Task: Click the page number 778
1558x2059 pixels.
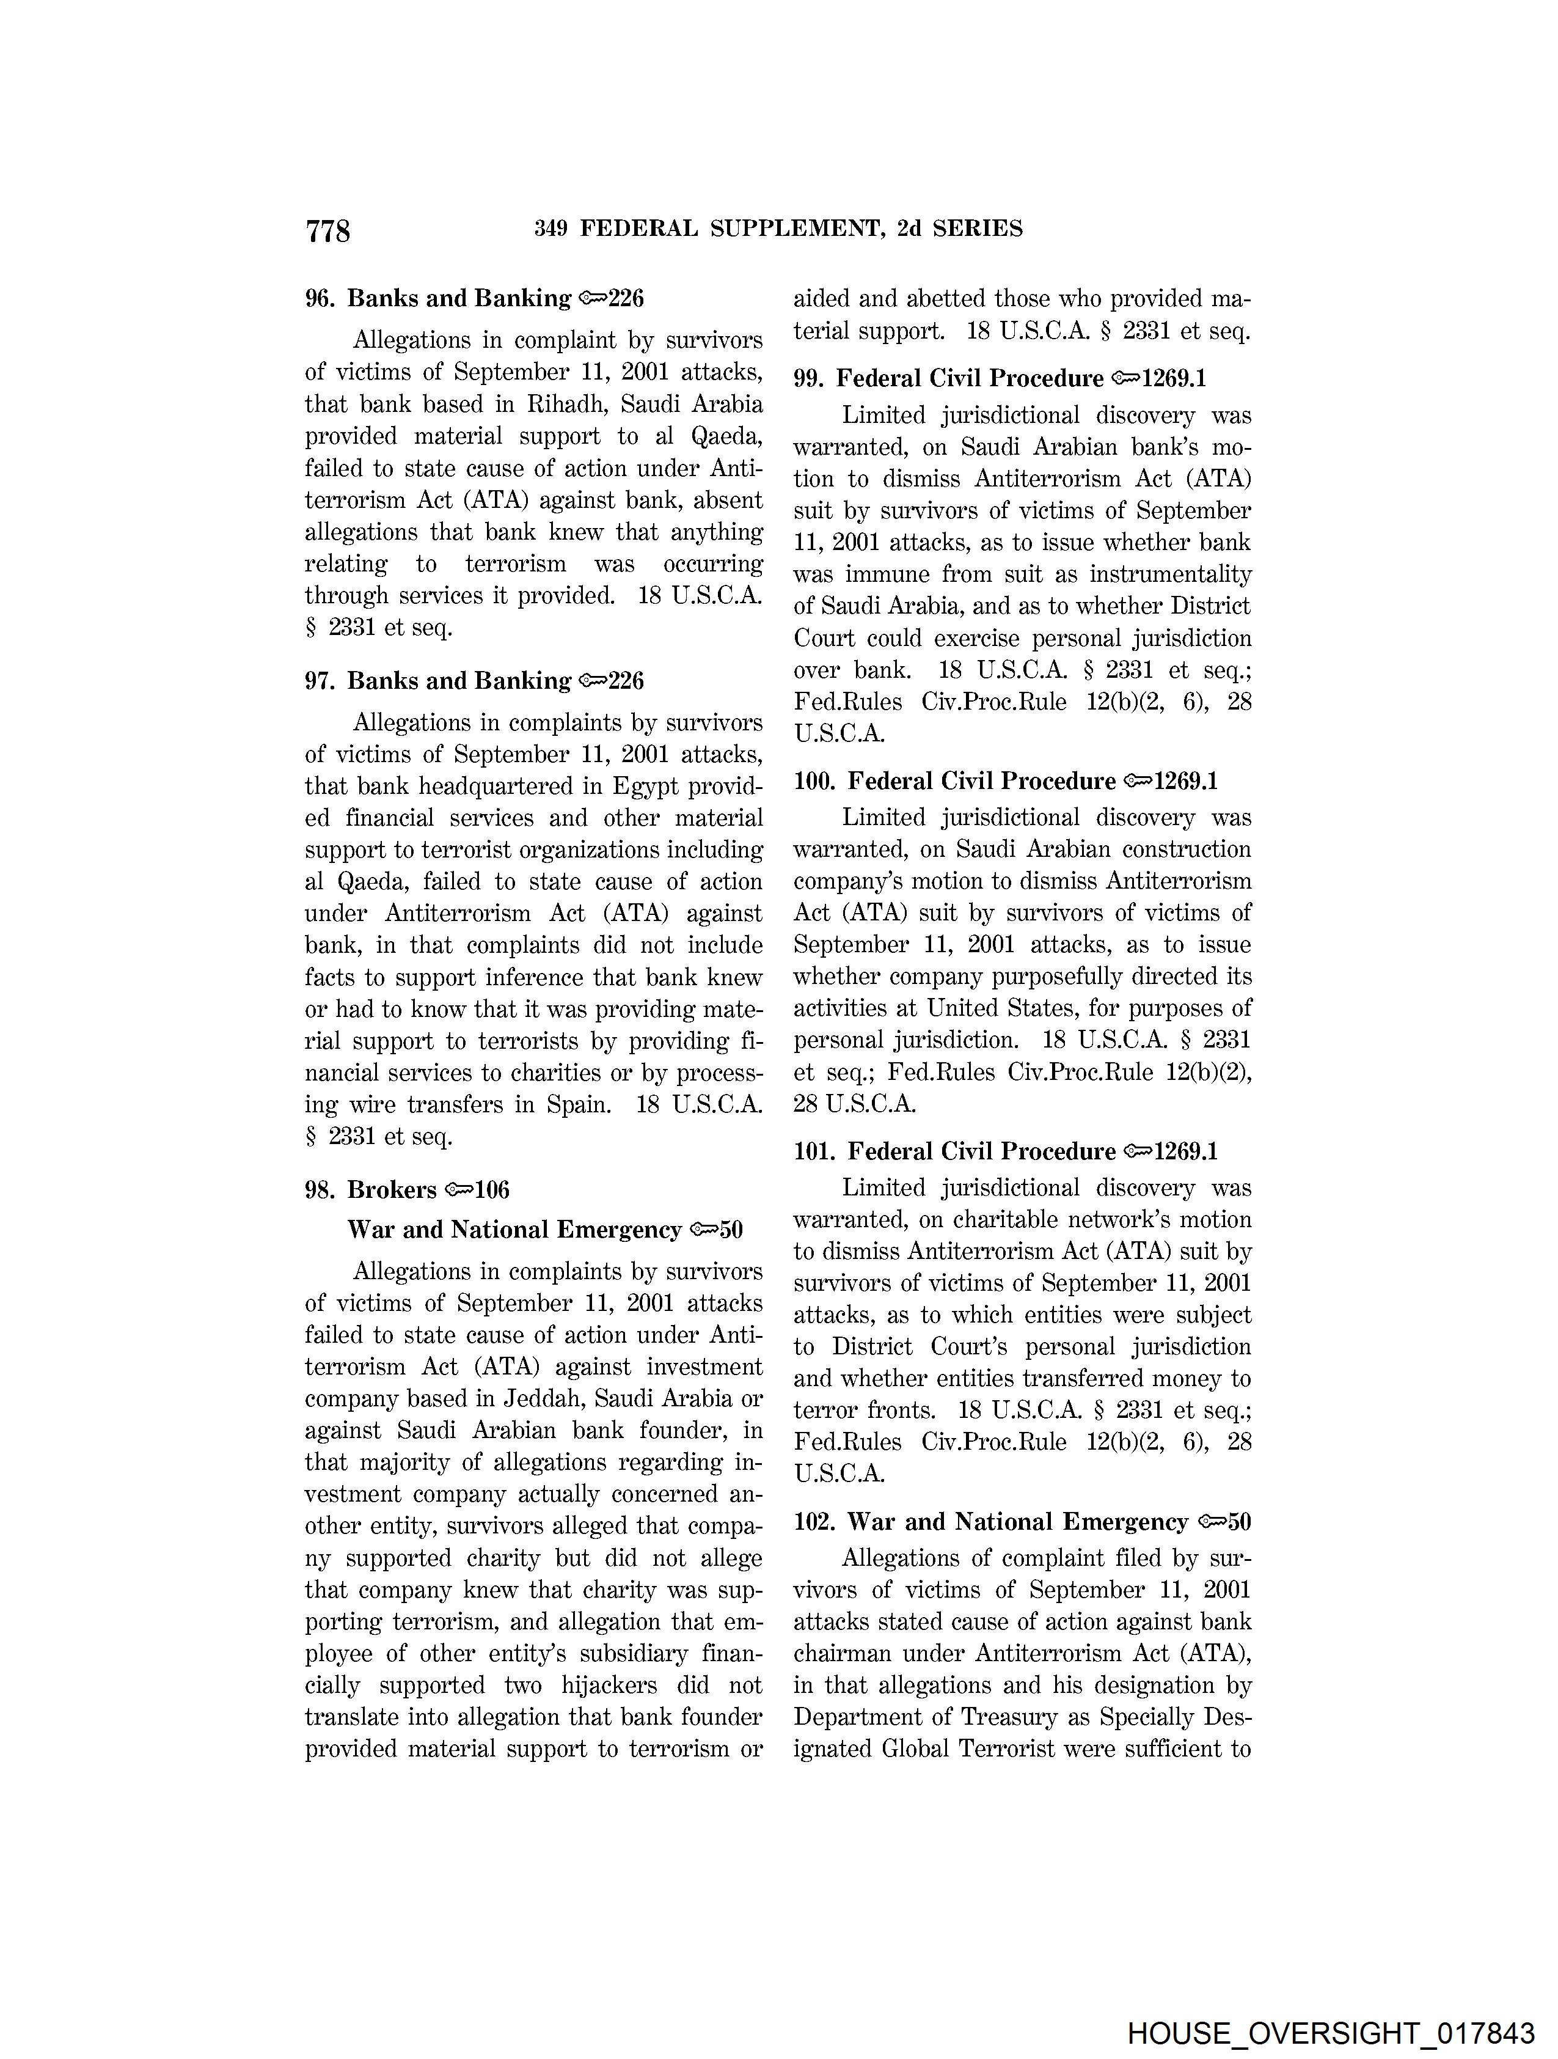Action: (327, 230)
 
